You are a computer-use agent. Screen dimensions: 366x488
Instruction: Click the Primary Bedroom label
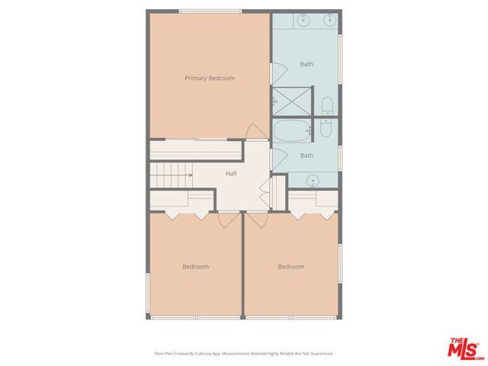[x=210, y=78]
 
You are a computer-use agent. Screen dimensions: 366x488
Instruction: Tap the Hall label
[x=231, y=173]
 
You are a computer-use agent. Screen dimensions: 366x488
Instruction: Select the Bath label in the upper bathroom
[x=307, y=64]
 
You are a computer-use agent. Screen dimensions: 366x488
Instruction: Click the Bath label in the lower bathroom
[x=307, y=156]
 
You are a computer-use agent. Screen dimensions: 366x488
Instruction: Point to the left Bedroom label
[x=195, y=267]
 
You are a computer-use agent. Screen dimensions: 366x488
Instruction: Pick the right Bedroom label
[x=291, y=267]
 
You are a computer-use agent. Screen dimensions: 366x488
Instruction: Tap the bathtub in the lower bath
[x=291, y=131]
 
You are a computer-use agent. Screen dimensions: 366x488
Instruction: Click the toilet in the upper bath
[x=326, y=106]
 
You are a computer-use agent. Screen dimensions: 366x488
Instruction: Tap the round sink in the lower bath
[x=313, y=181]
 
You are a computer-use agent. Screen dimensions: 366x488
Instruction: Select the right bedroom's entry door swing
[x=256, y=220]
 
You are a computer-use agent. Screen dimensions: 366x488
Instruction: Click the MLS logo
[x=464, y=347]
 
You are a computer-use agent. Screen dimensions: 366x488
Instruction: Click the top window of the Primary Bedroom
[x=210, y=11]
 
